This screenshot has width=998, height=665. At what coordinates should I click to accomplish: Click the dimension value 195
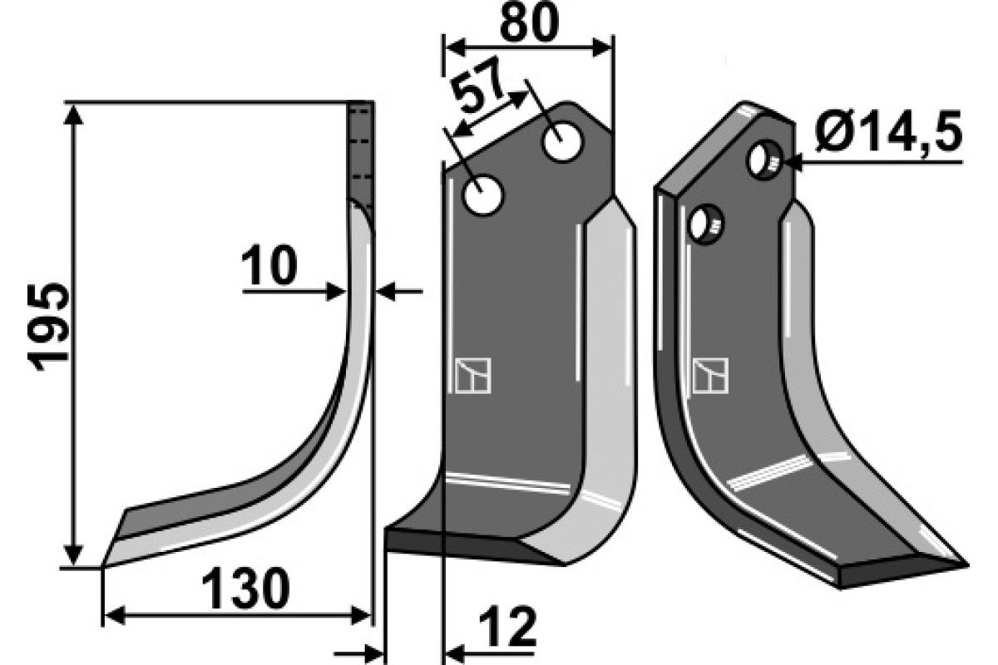(48, 327)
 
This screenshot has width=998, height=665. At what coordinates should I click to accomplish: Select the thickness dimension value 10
(269, 265)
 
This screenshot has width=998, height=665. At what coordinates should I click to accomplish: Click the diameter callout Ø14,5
(888, 132)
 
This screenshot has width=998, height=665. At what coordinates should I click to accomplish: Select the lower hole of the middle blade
(482, 195)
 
